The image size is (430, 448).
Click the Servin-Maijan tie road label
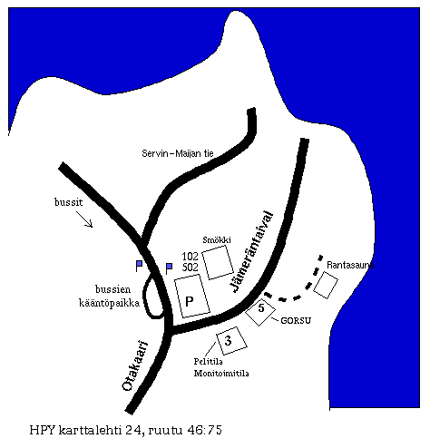tap(178, 153)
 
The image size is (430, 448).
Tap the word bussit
tap(68, 202)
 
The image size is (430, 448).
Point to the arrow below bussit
tap(84, 219)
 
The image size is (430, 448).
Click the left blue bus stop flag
tap(139, 266)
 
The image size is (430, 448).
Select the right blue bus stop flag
tap(169, 268)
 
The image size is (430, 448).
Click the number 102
tap(190, 257)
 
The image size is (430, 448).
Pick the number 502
tap(190, 268)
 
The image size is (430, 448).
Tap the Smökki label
tap(217, 239)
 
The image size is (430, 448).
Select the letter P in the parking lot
tap(190, 301)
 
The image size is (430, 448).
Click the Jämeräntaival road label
tap(251, 252)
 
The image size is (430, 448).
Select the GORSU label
tap(296, 320)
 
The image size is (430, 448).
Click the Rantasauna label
tap(350, 265)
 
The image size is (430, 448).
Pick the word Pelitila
tap(209, 361)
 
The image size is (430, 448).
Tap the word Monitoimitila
tap(221, 374)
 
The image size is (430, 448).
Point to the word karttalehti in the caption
tap(98, 430)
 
